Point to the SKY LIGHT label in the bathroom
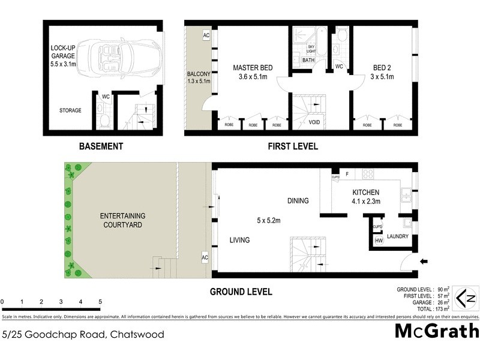(x=311, y=49)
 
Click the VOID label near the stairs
(x=314, y=122)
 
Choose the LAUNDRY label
(x=398, y=236)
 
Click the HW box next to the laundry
(x=379, y=241)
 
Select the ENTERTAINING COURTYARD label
(x=122, y=220)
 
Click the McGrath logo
(x=437, y=331)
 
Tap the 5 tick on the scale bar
(x=100, y=301)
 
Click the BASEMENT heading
(x=101, y=146)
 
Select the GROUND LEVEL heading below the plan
(x=241, y=292)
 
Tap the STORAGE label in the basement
(x=70, y=110)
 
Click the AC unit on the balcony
(x=206, y=35)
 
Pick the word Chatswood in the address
(x=136, y=334)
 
